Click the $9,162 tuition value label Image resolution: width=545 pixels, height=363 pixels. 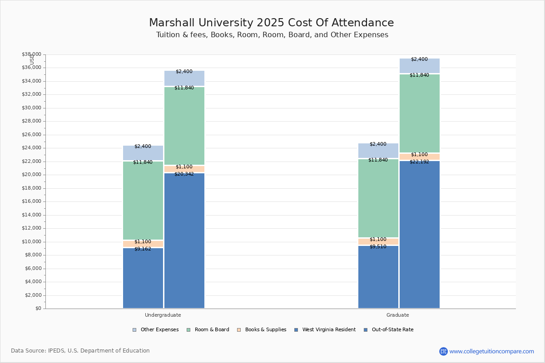[143, 249]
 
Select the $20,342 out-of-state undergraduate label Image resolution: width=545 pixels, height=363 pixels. [184, 174]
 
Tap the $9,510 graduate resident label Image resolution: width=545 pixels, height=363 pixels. [378, 246]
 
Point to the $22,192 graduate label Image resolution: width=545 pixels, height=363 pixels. [419, 162]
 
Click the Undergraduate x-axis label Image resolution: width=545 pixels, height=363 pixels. [163, 315]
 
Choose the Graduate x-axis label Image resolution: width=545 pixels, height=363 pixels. [398, 315]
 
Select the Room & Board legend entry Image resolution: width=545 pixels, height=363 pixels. [212, 330]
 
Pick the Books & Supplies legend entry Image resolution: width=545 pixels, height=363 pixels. [265, 330]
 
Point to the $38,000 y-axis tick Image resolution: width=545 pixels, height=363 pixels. [31, 54]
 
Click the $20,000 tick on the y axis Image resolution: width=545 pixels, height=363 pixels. [31, 175]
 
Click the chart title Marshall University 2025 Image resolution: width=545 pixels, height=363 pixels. [271, 23]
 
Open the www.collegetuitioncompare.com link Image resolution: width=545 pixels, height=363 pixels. [491, 351]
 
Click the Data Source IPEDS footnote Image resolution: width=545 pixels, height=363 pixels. [80, 351]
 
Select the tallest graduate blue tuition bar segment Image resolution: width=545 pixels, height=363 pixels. [419, 236]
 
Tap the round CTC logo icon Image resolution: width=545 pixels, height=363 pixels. [443, 351]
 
